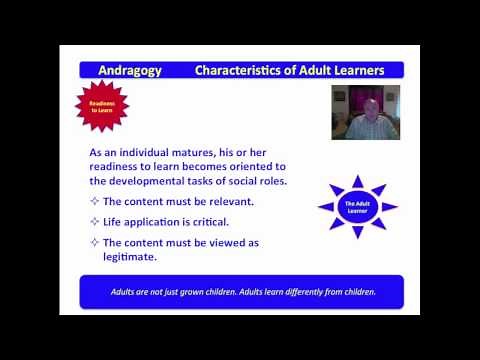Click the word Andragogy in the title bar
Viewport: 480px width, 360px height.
(x=131, y=70)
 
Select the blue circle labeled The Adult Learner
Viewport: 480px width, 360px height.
(x=357, y=206)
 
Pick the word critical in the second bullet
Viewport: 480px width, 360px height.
(x=210, y=221)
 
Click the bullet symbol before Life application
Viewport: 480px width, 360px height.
(x=94, y=221)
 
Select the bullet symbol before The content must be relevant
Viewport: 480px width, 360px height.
(x=94, y=201)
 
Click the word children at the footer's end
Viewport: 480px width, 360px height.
(x=355, y=293)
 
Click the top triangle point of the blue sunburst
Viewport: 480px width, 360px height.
(x=357, y=178)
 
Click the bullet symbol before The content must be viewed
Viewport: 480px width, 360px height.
(x=94, y=242)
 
